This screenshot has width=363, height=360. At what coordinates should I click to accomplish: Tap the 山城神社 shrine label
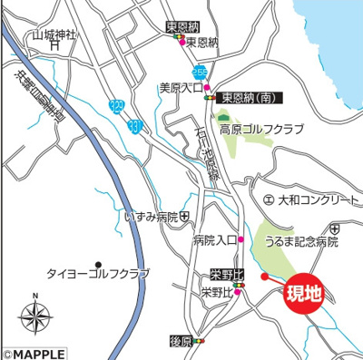[54, 36]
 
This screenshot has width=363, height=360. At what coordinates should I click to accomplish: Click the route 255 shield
[198, 71]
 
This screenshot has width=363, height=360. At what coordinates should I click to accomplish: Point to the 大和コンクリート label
[309, 197]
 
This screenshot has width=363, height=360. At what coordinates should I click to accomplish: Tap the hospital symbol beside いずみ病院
[185, 217]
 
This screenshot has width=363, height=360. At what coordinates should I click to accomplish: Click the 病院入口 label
[213, 240]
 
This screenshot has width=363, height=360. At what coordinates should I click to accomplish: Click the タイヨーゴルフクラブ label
[97, 273]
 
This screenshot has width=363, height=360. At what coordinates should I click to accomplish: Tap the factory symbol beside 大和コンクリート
[267, 197]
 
